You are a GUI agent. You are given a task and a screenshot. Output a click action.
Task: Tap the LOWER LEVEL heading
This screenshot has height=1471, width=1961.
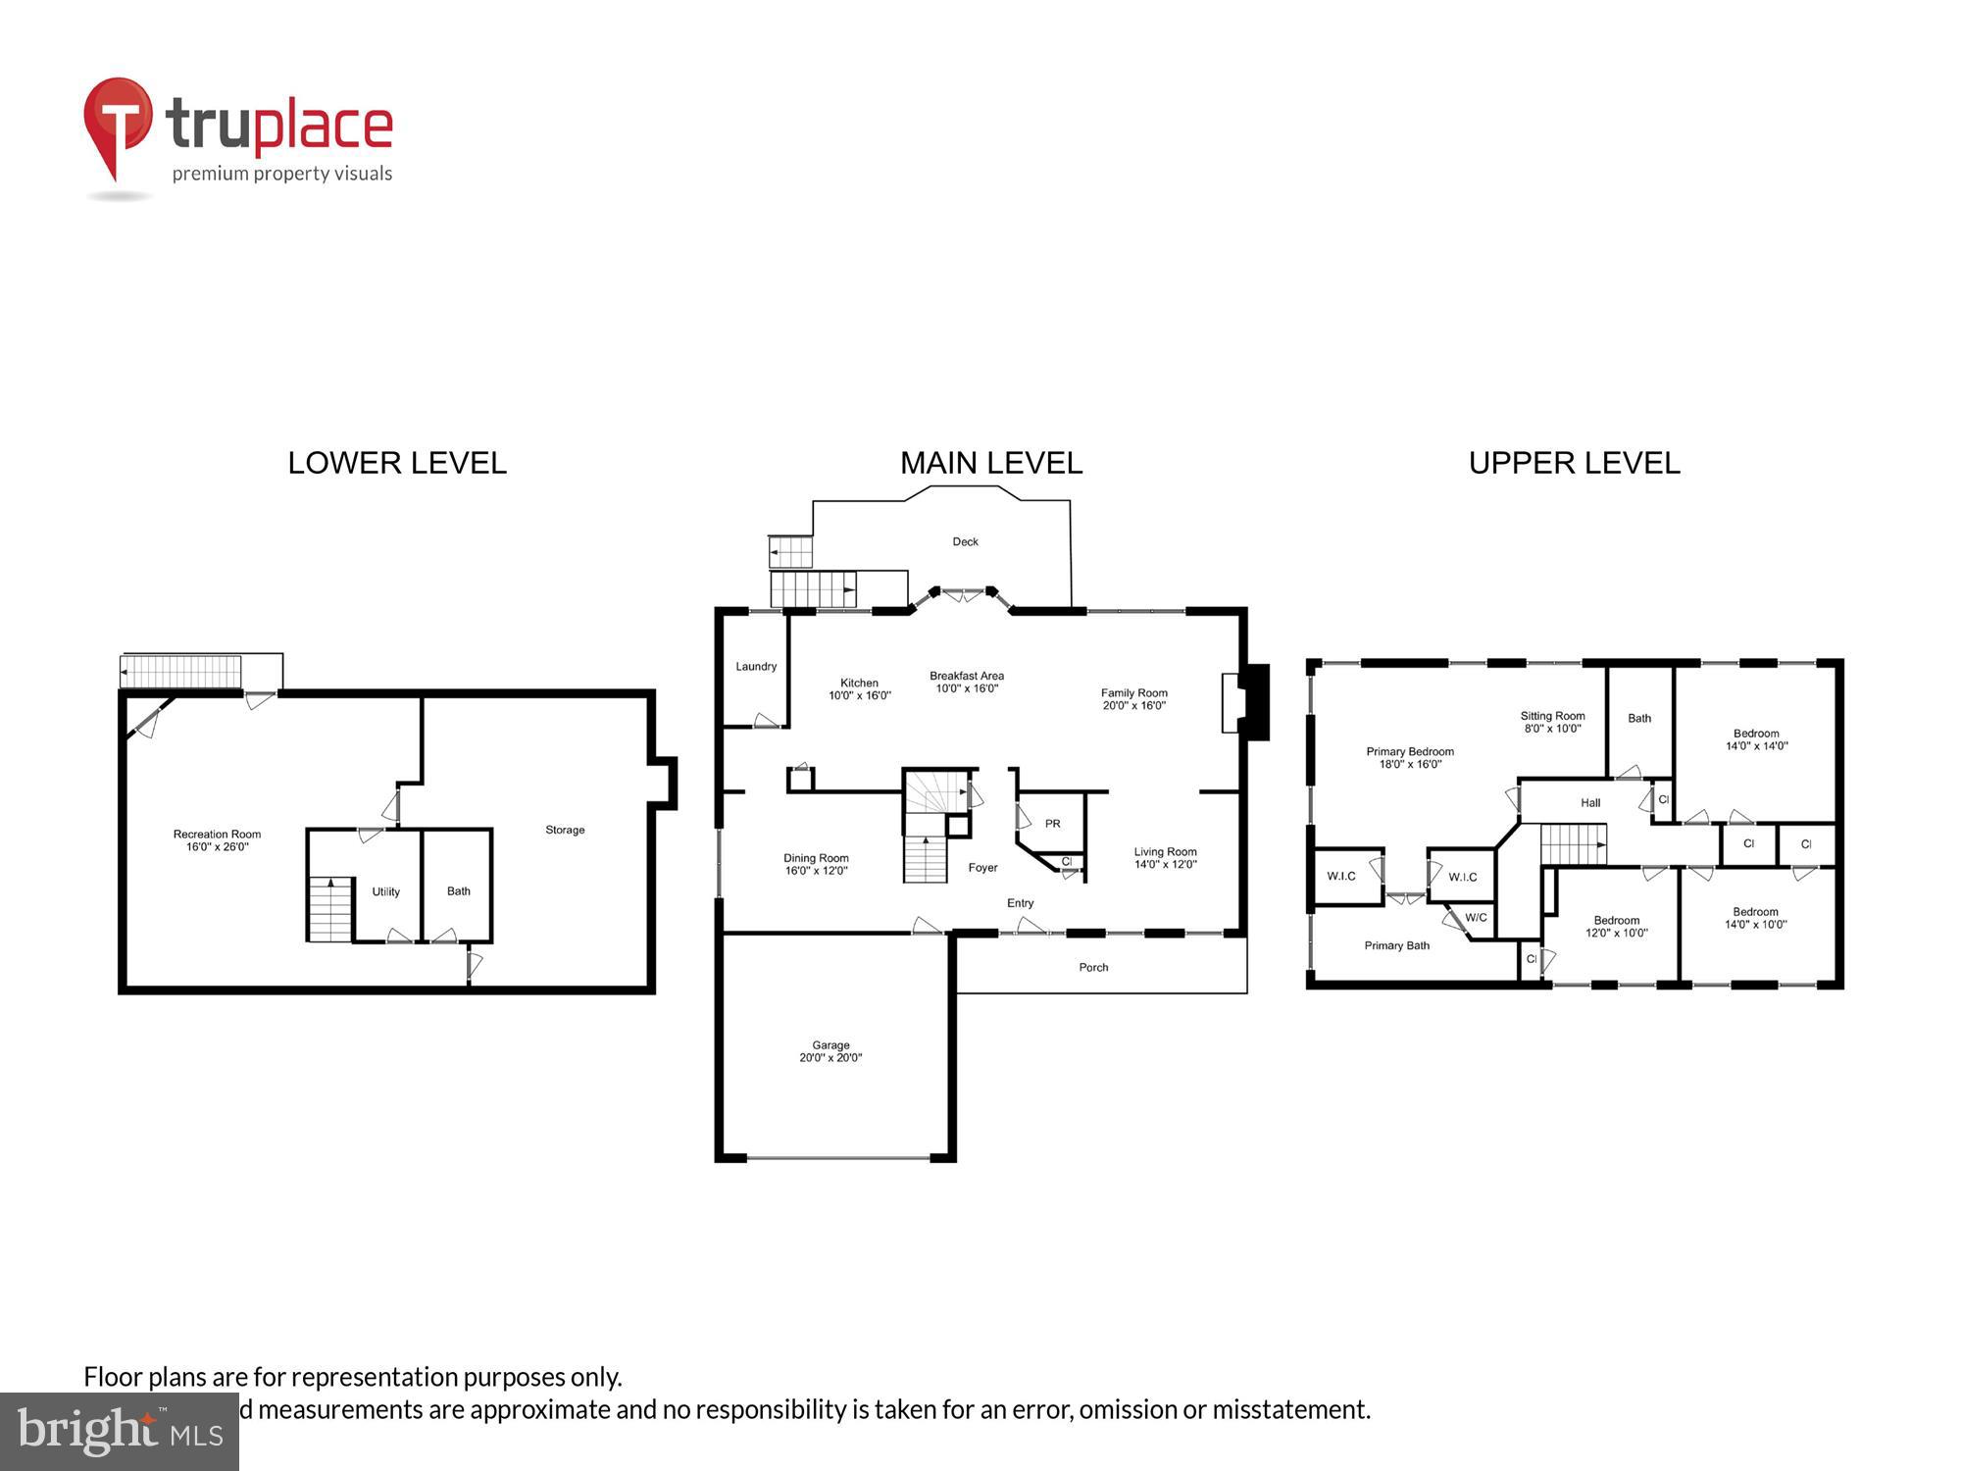(397, 463)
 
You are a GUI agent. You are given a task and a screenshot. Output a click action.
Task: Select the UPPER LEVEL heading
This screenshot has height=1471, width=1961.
(1574, 463)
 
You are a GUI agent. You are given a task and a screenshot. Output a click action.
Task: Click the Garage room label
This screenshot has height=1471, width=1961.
(830, 1045)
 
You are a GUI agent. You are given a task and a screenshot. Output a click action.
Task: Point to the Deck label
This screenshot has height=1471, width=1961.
(965, 541)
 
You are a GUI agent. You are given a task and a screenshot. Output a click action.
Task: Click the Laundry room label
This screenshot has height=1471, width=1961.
(756, 667)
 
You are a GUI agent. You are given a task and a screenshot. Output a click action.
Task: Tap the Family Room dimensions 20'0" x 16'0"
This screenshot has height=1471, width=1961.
(1133, 705)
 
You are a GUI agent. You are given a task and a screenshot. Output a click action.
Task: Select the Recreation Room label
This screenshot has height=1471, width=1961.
(217, 835)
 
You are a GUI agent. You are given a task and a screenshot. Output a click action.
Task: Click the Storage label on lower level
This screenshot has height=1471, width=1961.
(565, 830)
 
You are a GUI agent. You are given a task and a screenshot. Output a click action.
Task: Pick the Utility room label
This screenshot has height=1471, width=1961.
(385, 891)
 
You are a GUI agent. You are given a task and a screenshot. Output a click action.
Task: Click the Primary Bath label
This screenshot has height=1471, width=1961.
(1396, 945)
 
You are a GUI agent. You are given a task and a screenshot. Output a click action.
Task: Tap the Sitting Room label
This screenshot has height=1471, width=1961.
(1552, 716)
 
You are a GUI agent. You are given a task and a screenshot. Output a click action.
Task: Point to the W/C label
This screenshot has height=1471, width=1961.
(1476, 918)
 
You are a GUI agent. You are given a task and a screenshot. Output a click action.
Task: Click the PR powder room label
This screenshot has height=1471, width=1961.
(1052, 824)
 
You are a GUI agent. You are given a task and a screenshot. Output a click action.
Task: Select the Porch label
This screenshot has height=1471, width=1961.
(1093, 967)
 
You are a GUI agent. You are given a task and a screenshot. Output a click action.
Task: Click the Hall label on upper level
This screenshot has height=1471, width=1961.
(1590, 802)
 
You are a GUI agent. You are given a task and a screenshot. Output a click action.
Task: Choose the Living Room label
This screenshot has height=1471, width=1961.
(1165, 852)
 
